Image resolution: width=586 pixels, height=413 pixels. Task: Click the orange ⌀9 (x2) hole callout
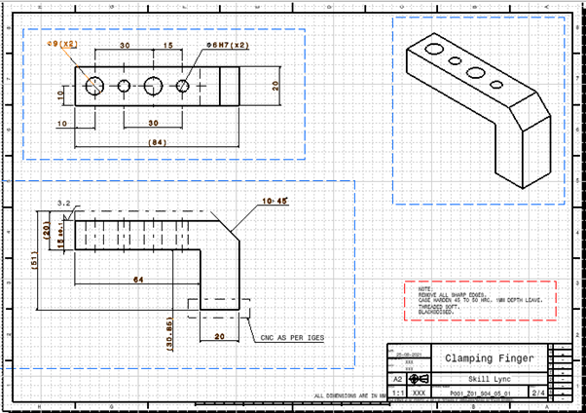pyautogui.click(x=63, y=45)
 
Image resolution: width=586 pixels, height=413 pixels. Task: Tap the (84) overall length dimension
pyautogui.click(x=155, y=142)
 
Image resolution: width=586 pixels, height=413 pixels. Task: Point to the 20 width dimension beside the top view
pyautogui.click(x=275, y=86)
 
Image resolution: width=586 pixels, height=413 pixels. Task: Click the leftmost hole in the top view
pyautogui.click(x=94, y=86)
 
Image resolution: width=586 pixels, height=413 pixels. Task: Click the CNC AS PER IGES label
pyautogui.click(x=292, y=337)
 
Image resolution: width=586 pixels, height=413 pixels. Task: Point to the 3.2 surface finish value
pyautogui.click(x=64, y=204)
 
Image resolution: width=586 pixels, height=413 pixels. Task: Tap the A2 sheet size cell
pyautogui.click(x=397, y=378)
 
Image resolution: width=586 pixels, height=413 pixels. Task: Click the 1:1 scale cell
pyautogui.click(x=397, y=393)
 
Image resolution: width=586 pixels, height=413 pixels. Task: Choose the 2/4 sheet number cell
pyautogui.click(x=537, y=393)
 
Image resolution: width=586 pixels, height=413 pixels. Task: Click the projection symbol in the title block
pyautogui.click(x=419, y=378)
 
